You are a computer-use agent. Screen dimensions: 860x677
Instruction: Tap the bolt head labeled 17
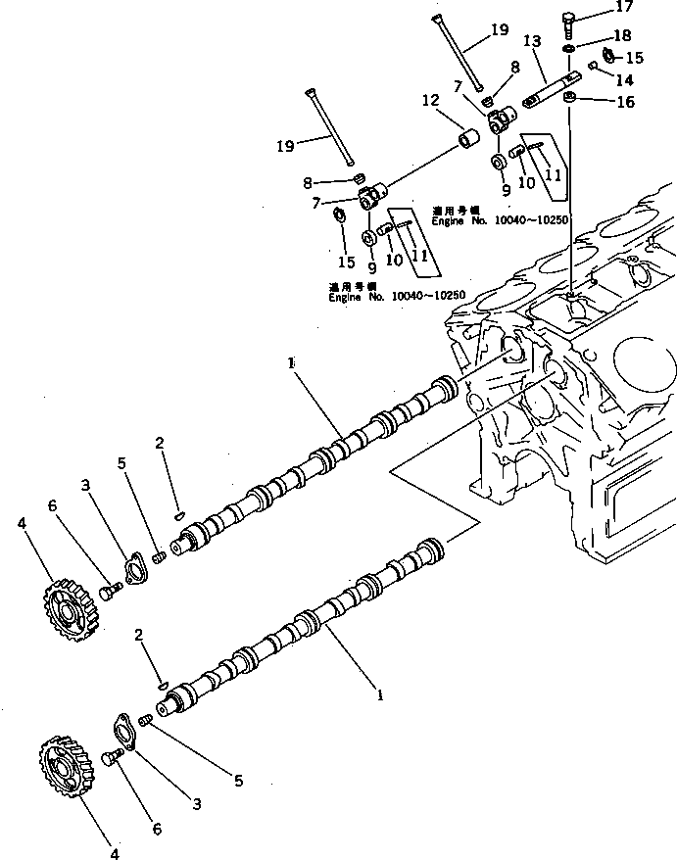pos(569,20)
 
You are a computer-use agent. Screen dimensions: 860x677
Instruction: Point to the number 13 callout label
pos(532,41)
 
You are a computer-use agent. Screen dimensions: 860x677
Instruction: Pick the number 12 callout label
pos(430,101)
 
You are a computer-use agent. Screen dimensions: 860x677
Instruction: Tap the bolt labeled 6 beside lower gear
pos(112,757)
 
